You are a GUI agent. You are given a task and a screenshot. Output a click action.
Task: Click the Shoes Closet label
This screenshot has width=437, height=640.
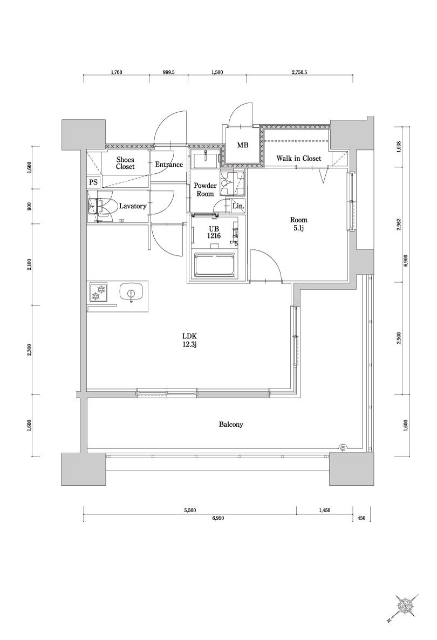click(x=125, y=164)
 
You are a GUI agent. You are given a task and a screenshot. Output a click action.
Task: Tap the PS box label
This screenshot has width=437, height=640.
click(x=94, y=182)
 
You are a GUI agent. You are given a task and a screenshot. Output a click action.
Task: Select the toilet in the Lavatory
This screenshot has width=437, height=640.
click(x=100, y=207)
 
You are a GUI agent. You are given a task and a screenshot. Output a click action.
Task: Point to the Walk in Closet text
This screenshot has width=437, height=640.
click(x=298, y=159)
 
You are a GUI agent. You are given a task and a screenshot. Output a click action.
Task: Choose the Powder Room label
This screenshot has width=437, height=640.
click(x=205, y=189)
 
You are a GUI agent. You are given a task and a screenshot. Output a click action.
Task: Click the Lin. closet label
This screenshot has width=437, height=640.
click(x=238, y=206)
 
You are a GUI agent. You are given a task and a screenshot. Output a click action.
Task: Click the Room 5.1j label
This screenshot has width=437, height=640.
click(x=298, y=224)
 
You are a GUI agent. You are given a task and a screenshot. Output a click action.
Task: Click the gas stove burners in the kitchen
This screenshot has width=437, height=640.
click(x=99, y=292)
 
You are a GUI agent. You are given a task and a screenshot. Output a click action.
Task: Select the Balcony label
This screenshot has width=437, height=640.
click(x=231, y=425)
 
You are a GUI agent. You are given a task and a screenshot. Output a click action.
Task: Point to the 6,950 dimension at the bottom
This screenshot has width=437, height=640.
click(x=218, y=518)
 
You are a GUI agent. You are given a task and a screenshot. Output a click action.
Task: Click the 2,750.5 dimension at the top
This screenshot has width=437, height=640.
click(x=299, y=72)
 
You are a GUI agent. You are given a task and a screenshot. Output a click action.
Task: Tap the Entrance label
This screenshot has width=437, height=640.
click(x=169, y=165)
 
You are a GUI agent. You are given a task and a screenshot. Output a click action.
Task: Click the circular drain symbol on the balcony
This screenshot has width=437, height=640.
click(x=342, y=447)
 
